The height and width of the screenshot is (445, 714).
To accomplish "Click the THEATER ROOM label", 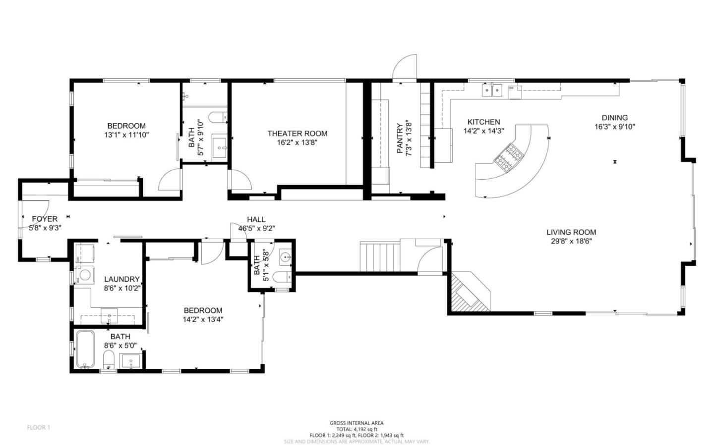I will coord(297,133).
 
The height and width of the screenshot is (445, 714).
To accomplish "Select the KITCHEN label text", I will coord(483,122).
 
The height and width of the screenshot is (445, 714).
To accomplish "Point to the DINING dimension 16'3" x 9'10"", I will coord(614,127).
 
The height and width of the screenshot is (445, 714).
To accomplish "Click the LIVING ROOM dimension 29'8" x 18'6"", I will coord(571,241).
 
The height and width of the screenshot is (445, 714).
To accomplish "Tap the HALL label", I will coord(256,219).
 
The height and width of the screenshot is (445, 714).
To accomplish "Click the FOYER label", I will coord(45,219).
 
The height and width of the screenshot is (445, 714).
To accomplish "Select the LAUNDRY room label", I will coord(121,279).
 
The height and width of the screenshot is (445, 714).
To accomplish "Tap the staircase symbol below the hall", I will coord(379,256).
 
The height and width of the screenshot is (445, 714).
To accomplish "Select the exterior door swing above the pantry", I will coord(405,68).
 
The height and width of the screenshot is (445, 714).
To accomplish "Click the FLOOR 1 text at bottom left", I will coord(38,427).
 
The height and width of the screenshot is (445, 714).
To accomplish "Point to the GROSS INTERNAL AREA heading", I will coord(357,423).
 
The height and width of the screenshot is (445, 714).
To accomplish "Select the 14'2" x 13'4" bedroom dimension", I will coord(203,319).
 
